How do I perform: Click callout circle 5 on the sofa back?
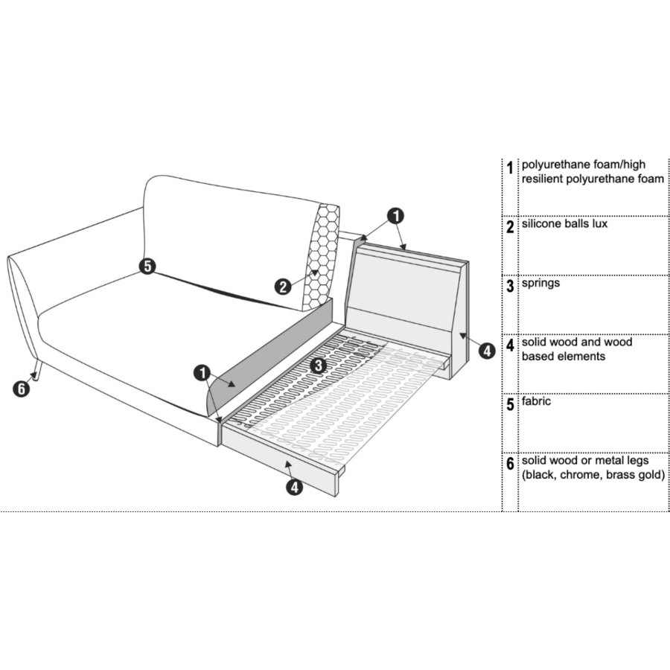tap(147, 266)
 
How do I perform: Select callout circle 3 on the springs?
tap(316, 365)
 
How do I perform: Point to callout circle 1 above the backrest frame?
tap(396, 215)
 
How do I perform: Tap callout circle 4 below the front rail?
tap(296, 488)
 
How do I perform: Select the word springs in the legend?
tap(541, 284)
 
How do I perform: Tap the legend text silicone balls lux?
tap(565, 224)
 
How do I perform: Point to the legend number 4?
tap(510, 345)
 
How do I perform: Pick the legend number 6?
tap(510, 465)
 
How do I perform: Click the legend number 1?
tap(510, 168)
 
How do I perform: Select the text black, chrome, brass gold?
tap(593, 475)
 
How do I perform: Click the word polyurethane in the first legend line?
tap(555, 165)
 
